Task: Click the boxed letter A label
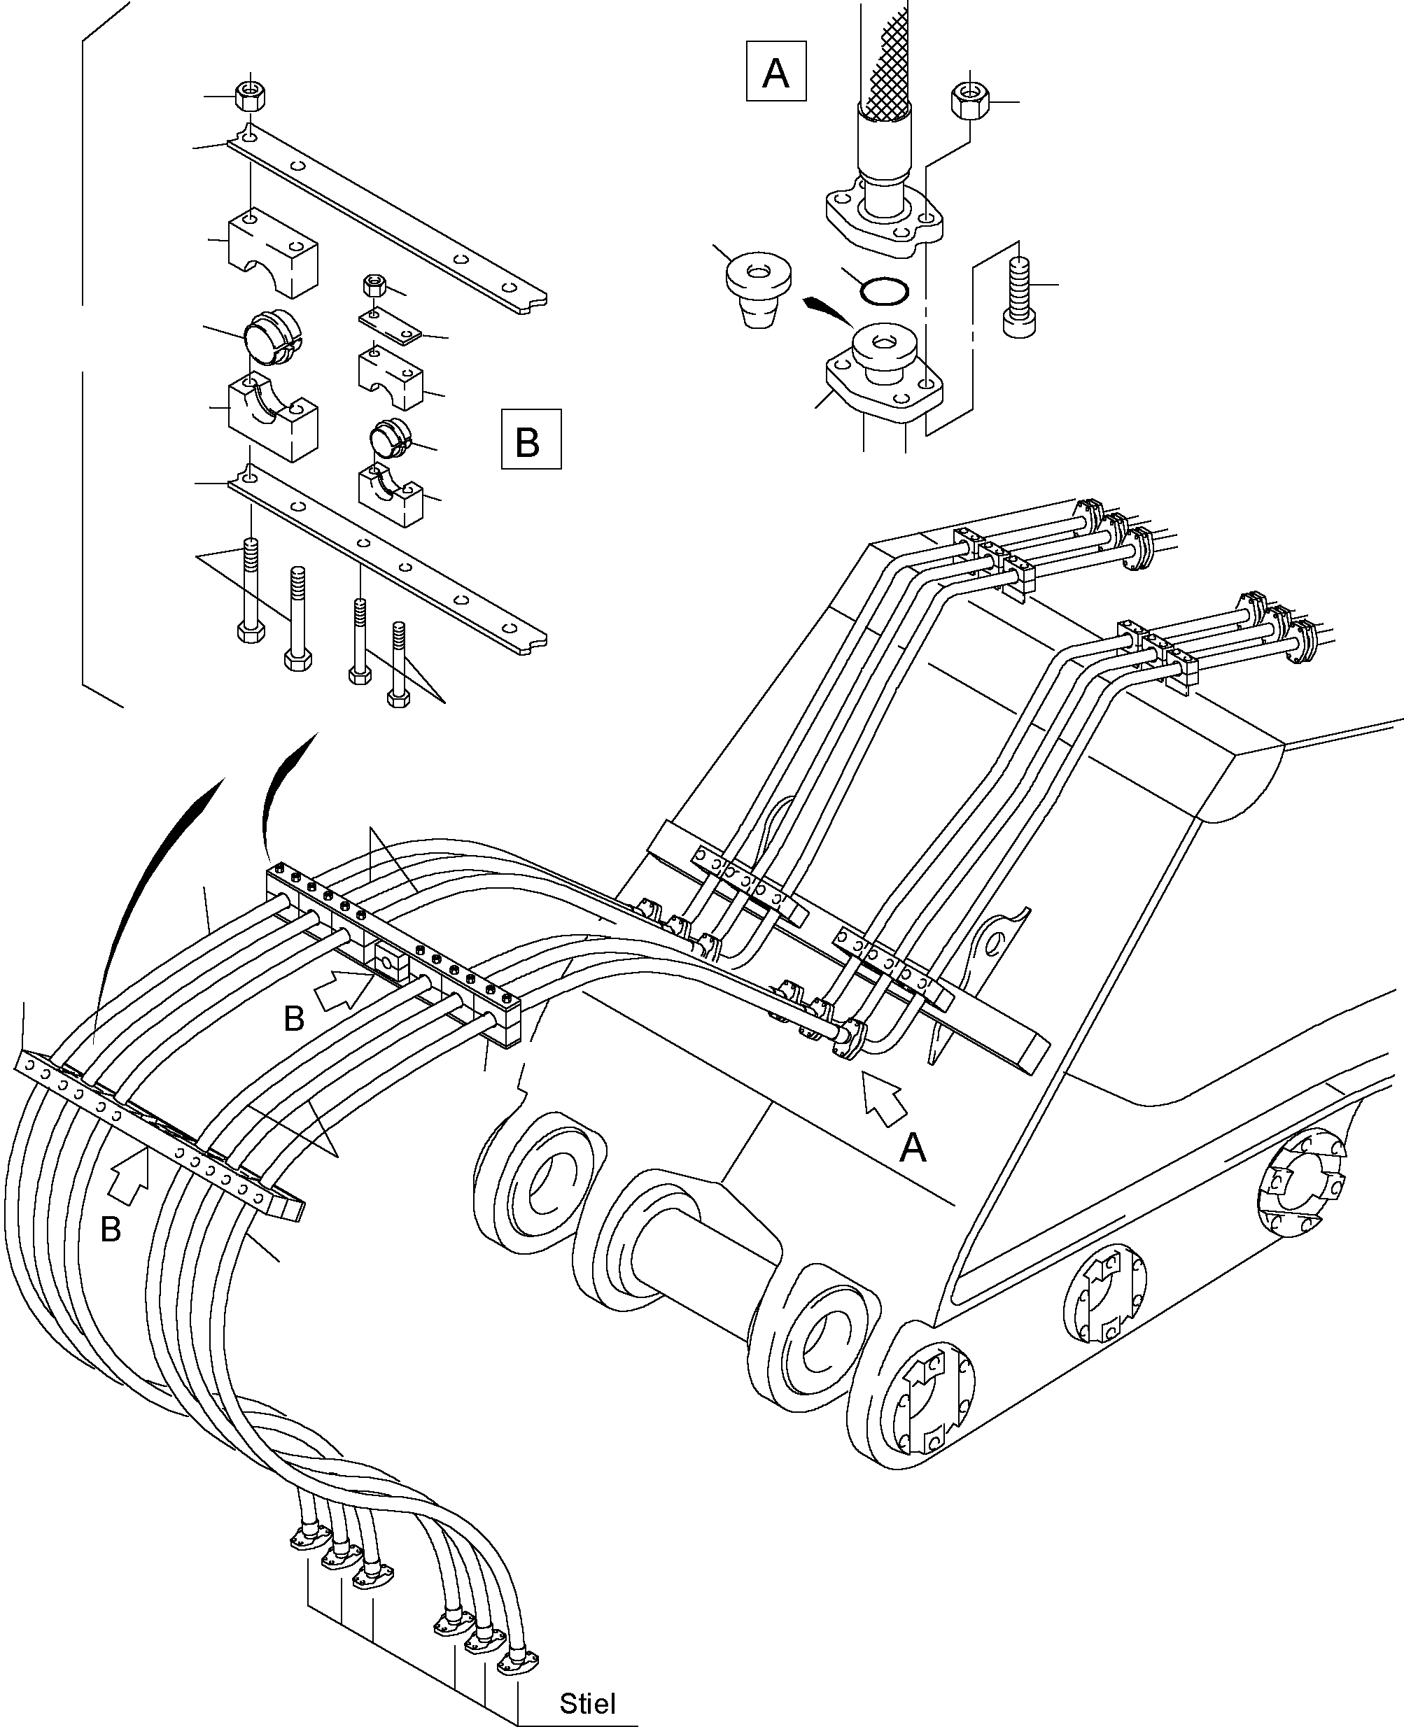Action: [x=775, y=72]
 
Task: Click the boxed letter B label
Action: [x=531, y=440]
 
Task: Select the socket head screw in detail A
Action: [x=1018, y=297]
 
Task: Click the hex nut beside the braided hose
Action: [x=968, y=101]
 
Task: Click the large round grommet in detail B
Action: [x=272, y=337]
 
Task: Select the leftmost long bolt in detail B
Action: [x=251, y=590]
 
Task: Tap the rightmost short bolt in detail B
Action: [x=398, y=664]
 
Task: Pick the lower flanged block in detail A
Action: [x=885, y=372]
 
